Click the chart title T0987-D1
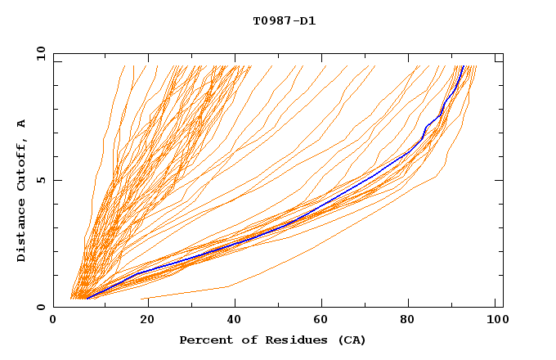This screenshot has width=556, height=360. (284, 20)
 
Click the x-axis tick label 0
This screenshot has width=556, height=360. (53, 322)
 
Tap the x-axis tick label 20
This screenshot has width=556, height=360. (142, 322)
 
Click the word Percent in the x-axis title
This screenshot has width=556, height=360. (204, 340)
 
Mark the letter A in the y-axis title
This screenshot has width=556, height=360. (22, 123)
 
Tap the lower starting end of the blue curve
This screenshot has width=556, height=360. (87, 298)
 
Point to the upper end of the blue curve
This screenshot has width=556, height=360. (463, 66)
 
